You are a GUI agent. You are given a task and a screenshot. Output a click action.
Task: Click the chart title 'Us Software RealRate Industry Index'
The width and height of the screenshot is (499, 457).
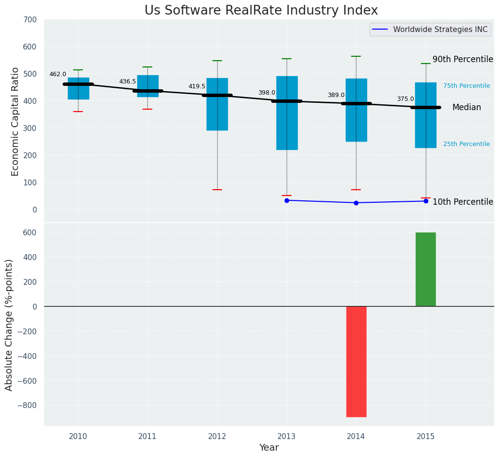coord(261,11)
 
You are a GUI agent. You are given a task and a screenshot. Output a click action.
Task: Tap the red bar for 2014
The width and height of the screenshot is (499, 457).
coord(356,361)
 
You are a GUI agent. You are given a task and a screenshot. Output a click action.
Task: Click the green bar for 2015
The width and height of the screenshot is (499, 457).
coord(425,269)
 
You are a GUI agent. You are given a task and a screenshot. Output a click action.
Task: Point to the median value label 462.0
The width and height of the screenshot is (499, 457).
coord(58,74)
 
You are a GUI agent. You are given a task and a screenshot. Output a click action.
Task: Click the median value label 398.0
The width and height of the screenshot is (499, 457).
coord(266,93)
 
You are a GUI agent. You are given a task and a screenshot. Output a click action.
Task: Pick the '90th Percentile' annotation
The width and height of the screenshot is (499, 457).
coord(462,59)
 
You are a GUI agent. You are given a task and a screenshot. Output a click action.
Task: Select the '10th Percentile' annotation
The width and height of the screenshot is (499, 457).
coord(462,202)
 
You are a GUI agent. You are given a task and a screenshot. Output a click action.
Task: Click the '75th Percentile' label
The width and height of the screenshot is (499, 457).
coord(466,86)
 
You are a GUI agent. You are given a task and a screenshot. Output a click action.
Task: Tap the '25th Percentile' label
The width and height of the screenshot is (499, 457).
coord(466,144)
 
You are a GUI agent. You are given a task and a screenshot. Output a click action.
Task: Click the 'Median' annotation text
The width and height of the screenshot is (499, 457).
coord(467,108)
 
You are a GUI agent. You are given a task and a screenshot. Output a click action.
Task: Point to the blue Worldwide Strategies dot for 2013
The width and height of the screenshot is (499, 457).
coord(287,200)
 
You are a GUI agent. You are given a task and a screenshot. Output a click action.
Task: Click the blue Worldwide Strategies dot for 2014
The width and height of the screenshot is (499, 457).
coord(356,203)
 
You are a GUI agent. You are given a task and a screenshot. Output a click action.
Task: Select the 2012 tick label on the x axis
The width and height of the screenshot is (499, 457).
coord(217,437)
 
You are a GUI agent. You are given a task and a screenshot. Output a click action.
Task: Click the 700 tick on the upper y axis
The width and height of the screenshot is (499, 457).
coord(30,20)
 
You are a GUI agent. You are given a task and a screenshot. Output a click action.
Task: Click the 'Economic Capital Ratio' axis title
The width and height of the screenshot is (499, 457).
coord(15,121)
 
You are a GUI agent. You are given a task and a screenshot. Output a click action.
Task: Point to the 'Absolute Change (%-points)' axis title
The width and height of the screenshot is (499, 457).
coord(9,325)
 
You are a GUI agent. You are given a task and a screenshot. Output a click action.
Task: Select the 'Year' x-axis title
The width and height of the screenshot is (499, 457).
coord(269,448)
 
